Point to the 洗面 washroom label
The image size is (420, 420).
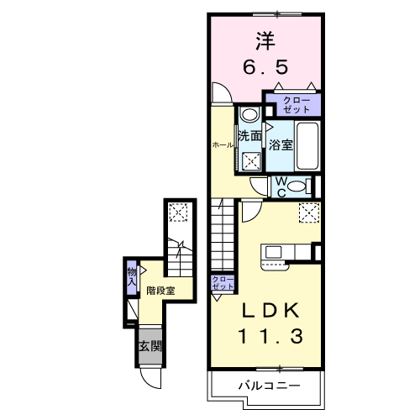coord(249,135)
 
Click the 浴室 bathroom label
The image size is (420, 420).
coord(281,144)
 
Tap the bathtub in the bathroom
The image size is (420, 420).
coord(307,144)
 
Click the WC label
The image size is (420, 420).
coord(281,186)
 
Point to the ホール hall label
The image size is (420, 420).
coord(223,144)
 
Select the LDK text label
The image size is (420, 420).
coord(270,310)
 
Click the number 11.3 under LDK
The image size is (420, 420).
coord(269,336)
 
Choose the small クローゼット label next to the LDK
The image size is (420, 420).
coord(223,283)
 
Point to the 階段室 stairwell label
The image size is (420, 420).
coord(160,291)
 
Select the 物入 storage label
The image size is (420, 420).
coord(131,276)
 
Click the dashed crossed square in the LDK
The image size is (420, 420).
coord(308,213)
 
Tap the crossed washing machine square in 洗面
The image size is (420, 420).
coord(251,160)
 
